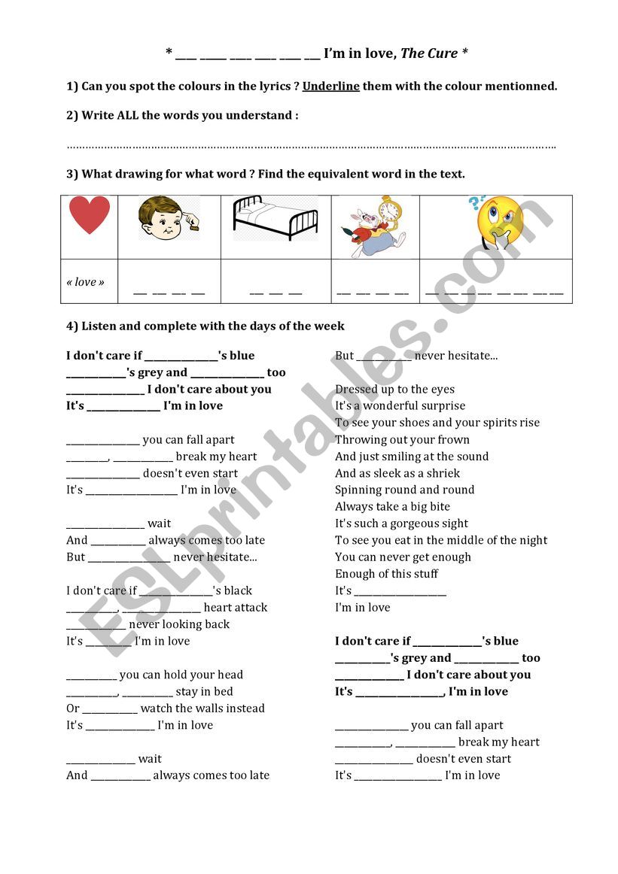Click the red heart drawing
tap(89, 215)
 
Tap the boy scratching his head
tap(169, 219)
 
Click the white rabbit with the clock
tap(375, 226)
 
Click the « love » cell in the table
tap(86, 282)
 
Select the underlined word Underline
tap(331, 86)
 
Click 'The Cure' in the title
tap(429, 53)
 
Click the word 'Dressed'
tap(357, 390)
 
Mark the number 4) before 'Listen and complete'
tap(72, 326)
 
